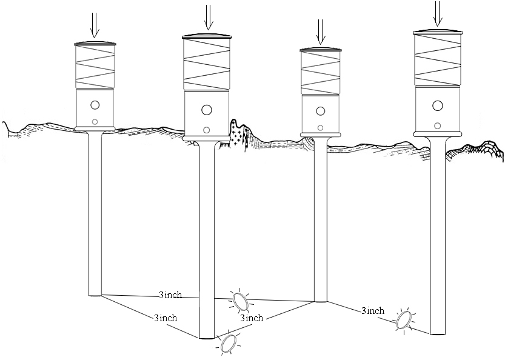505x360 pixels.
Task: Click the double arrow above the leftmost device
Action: [x=95, y=25]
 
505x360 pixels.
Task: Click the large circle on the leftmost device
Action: [x=95, y=105]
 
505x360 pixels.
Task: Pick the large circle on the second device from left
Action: [x=207, y=110]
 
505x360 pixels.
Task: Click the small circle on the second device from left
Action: [x=207, y=130]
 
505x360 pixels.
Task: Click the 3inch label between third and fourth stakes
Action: [x=372, y=311]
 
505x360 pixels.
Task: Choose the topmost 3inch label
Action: [x=170, y=295]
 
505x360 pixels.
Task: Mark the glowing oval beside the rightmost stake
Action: [x=404, y=319]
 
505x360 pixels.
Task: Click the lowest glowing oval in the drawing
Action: [x=229, y=343]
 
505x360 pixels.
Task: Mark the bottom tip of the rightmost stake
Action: [x=438, y=332]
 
